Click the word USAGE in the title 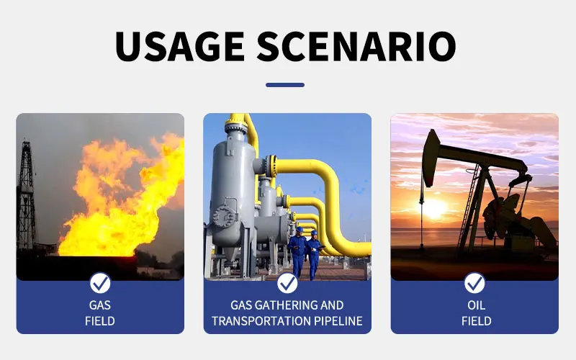pos(180,46)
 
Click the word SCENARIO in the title pos(356,46)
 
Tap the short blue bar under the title pos(285,85)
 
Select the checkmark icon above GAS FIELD pos(100,283)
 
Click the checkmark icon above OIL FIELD pos(474,283)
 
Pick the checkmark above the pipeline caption pos(287,283)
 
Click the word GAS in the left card pos(100,305)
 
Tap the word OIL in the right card pos(477,305)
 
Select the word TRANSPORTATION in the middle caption pos(261,321)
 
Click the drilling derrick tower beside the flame pos(27,194)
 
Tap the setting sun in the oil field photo pos(435,209)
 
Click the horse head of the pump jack pos(431,157)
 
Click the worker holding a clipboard pos(314,254)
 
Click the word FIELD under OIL pos(477,321)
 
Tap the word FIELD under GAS pos(100,321)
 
